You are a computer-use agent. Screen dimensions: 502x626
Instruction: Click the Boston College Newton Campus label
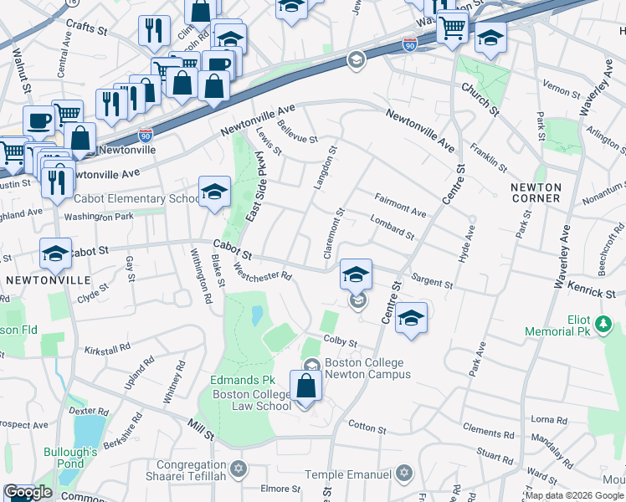[364, 368]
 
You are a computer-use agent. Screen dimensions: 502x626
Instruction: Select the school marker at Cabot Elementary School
[214, 192]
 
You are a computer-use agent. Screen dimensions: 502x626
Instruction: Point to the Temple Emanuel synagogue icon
[404, 474]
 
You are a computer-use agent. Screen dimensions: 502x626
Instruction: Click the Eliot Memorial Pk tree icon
[603, 322]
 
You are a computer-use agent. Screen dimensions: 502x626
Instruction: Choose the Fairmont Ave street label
[400, 206]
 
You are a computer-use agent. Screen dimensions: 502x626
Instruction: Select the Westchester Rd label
[262, 271]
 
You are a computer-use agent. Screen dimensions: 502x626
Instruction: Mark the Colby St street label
[341, 343]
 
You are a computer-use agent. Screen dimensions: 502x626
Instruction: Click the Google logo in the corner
[28, 493]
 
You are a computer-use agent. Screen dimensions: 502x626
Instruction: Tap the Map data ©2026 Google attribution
[574, 495]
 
